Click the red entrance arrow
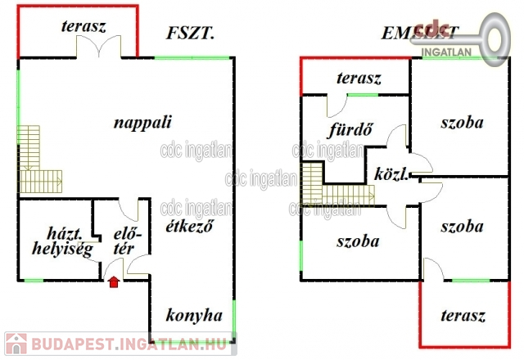113,282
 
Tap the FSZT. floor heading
190,34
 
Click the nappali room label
142,123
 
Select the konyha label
194,315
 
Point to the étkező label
189,227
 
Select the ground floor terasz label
84,25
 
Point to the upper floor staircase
332,187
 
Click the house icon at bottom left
14,344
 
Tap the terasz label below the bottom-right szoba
463,316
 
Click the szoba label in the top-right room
462,123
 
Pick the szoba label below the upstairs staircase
358,242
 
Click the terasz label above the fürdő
359,79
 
